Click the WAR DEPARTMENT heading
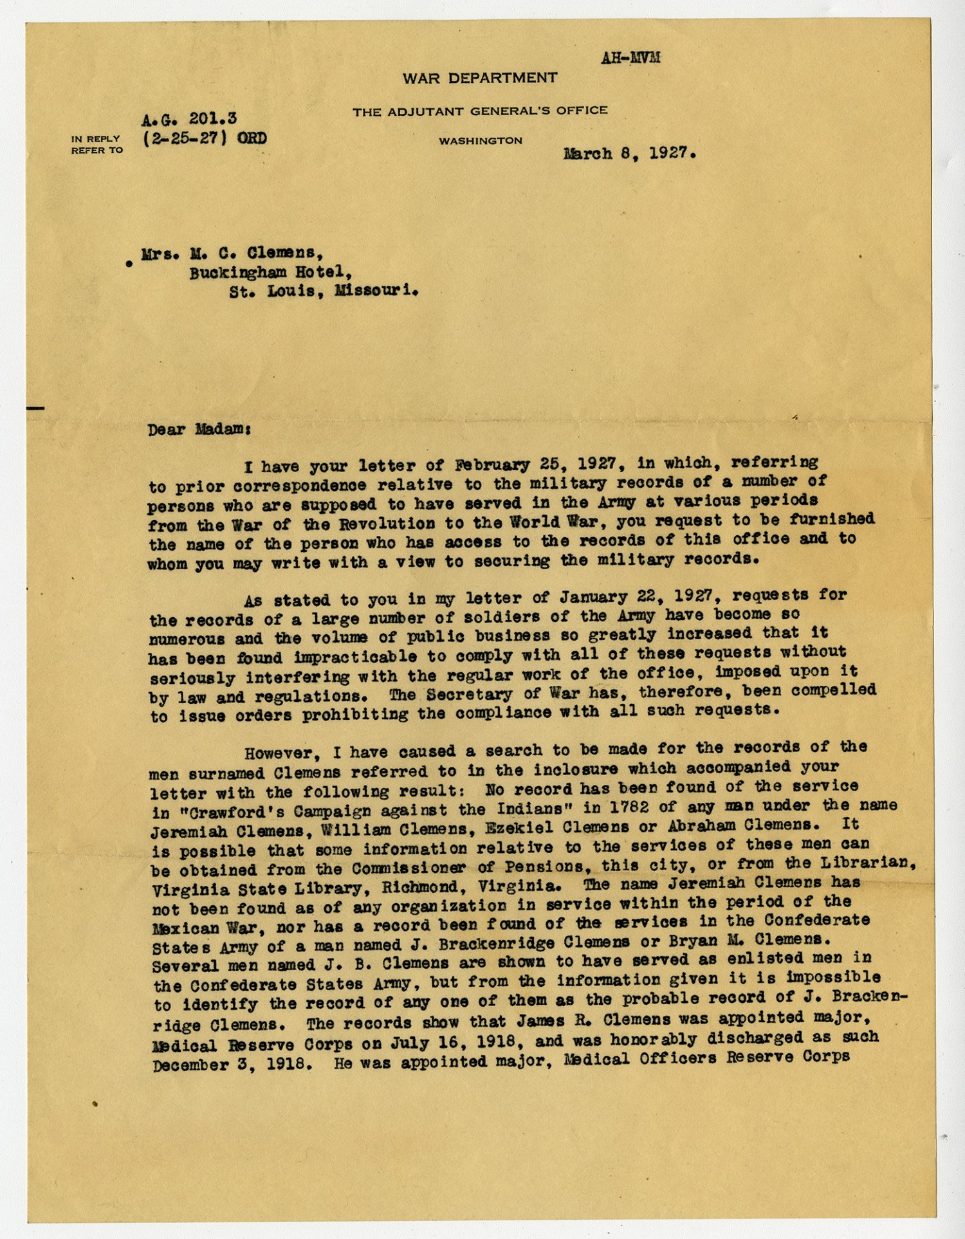pos(480,78)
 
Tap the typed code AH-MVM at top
pos(630,58)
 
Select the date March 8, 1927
pos(629,154)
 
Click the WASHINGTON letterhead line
pos(481,140)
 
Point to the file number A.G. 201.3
pos(189,118)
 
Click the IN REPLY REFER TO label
pos(96,144)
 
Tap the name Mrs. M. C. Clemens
pos(232,253)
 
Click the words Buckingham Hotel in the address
pos(270,273)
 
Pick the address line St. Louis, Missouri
pos(324,291)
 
